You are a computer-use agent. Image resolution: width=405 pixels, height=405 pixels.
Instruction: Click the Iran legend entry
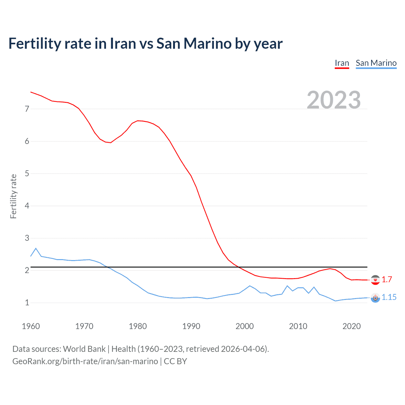point(342,63)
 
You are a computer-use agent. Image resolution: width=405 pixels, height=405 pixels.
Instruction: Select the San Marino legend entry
point(376,63)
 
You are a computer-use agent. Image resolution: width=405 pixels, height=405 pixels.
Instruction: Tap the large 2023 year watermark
point(334,100)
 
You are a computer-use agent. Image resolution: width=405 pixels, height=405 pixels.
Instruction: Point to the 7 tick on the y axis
point(27,109)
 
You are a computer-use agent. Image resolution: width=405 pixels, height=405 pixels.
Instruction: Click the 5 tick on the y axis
point(27,173)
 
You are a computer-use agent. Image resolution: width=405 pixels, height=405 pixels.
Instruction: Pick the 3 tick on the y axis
point(27,238)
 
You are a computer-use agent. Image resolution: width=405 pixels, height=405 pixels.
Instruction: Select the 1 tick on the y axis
point(27,302)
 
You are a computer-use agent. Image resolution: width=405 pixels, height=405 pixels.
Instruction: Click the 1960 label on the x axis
point(31,326)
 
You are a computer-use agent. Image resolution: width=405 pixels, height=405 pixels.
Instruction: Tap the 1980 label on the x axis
point(138,326)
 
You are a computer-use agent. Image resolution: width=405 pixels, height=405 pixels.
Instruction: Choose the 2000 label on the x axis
point(245,326)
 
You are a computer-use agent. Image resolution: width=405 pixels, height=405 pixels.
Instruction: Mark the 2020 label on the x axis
point(352,326)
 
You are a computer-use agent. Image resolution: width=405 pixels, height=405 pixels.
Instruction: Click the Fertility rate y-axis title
point(13,196)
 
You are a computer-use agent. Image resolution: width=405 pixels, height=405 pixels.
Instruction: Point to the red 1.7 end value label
point(387,279)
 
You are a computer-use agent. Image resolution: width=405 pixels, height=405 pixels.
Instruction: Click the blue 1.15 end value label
point(389,297)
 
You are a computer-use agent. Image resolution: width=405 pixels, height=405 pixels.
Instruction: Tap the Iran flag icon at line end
point(375,280)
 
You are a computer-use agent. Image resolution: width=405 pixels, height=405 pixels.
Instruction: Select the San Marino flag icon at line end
point(375,298)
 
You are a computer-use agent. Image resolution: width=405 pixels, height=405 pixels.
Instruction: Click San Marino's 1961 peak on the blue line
point(36,248)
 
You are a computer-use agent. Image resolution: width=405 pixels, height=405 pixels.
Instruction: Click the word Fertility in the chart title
point(34,44)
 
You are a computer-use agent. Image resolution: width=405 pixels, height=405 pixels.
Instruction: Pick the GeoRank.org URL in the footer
point(85,361)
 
